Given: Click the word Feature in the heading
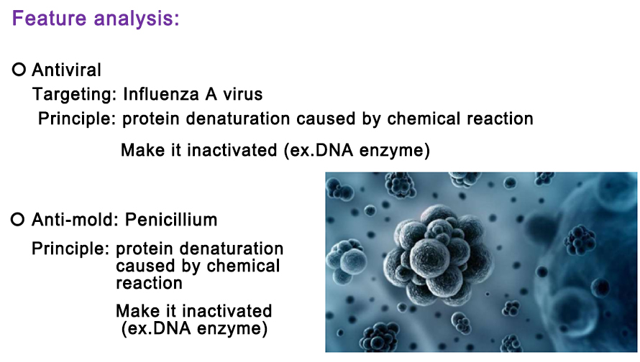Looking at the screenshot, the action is click(49, 19).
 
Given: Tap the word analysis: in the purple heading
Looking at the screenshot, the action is click(137, 19).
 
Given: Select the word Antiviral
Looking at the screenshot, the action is click(67, 70).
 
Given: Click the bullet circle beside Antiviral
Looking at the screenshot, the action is click(19, 69).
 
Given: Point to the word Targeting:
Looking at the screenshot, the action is click(75, 95).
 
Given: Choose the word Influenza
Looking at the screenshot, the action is click(161, 94).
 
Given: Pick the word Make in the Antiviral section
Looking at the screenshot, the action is click(143, 150).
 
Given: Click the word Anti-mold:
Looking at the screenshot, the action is click(75, 220).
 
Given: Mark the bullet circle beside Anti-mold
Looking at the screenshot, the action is click(17, 219).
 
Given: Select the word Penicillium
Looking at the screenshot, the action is click(171, 220).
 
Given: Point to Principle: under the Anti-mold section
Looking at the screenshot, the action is click(70, 249).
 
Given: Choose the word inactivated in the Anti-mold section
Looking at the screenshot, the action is click(227, 311).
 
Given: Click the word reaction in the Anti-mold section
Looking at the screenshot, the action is click(149, 283).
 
